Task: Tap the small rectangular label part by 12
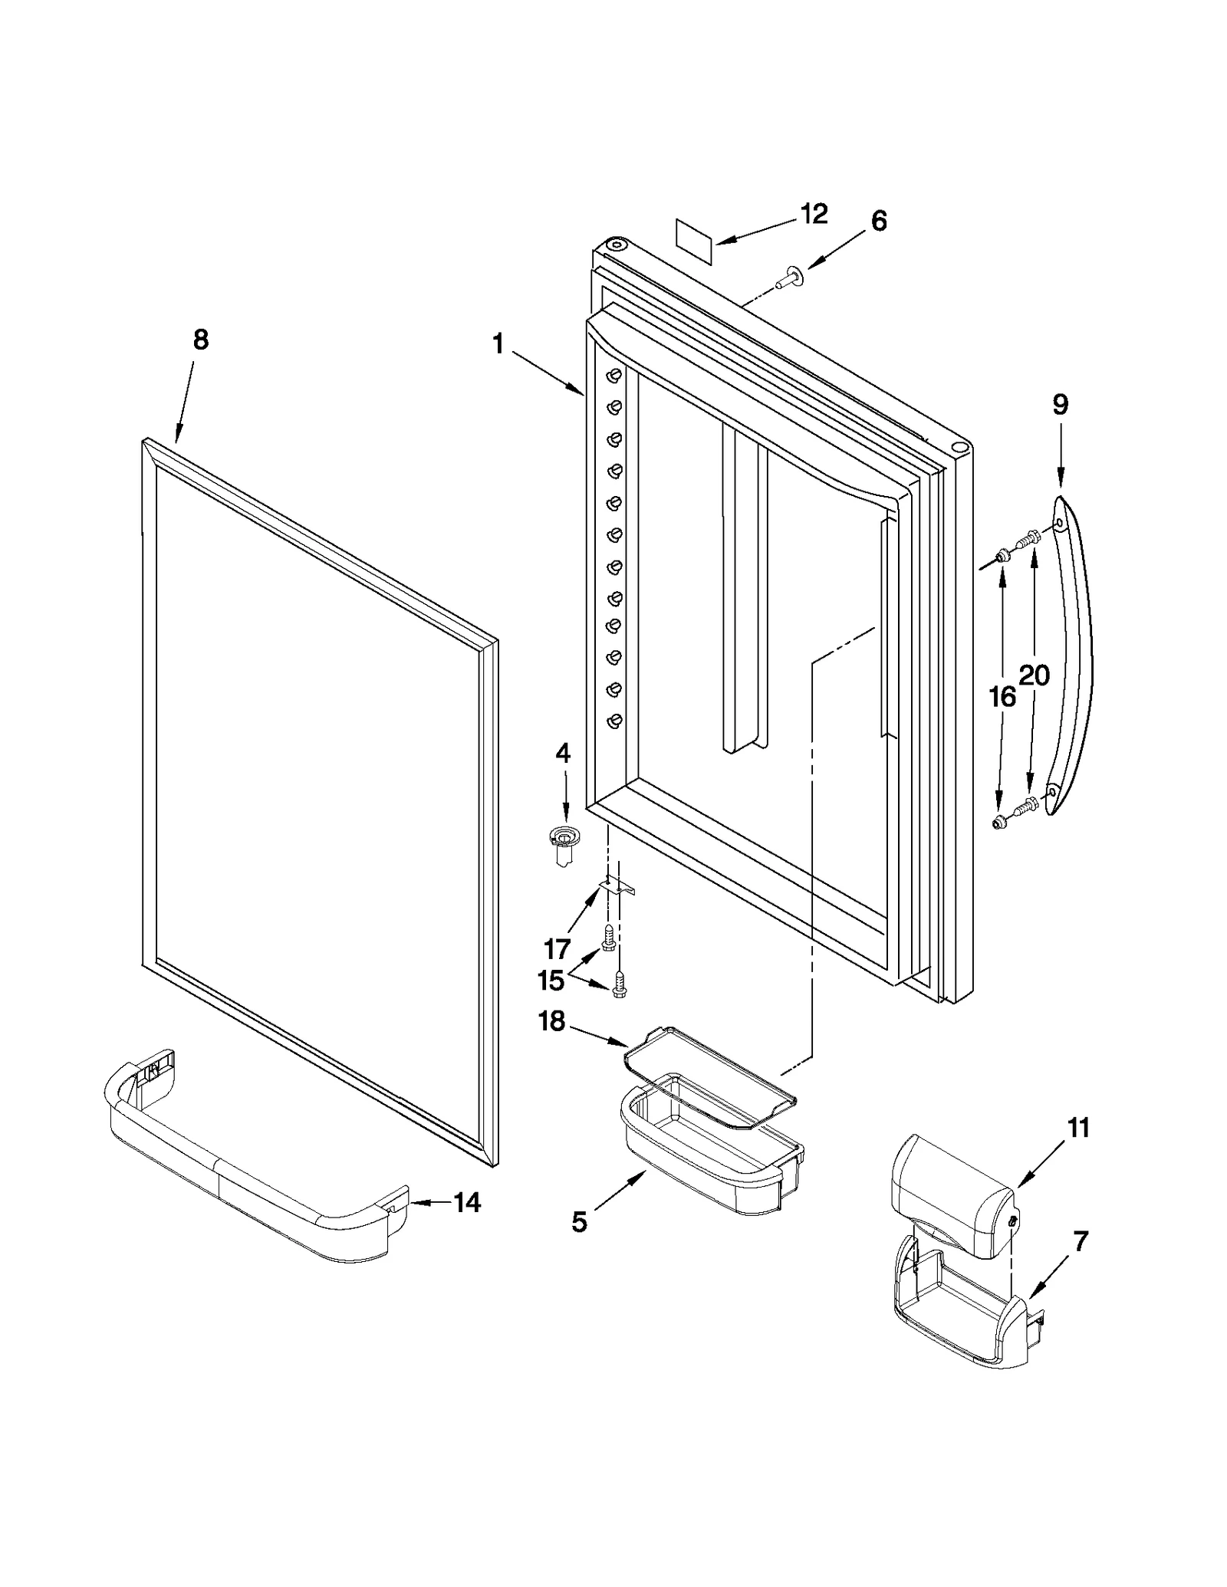[x=695, y=235]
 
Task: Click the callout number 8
[x=200, y=340]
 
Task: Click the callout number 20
[x=1034, y=675]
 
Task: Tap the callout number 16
[x=1002, y=697]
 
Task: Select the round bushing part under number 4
[x=565, y=843]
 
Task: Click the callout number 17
[x=557, y=949]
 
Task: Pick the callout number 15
[x=551, y=980]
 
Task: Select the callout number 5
[x=579, y=1222]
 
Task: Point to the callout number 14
[x=466, y=1202]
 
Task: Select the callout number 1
[x=498, y=345]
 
